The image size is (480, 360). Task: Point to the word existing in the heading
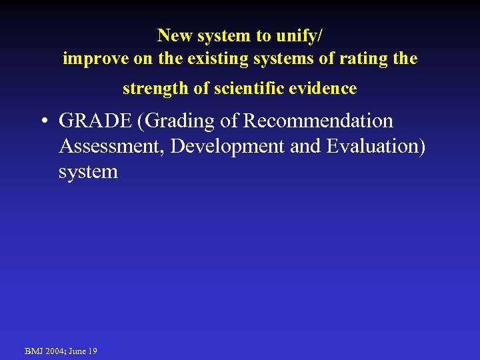tap(213, 59)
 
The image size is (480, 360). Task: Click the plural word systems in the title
tap(277, 59)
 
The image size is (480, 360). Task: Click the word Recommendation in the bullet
tap(319, 121)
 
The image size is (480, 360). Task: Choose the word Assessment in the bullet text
tap(111, 147)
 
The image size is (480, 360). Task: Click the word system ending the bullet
tap(88, 172)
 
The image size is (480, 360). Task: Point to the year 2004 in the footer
tap(55, 351)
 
